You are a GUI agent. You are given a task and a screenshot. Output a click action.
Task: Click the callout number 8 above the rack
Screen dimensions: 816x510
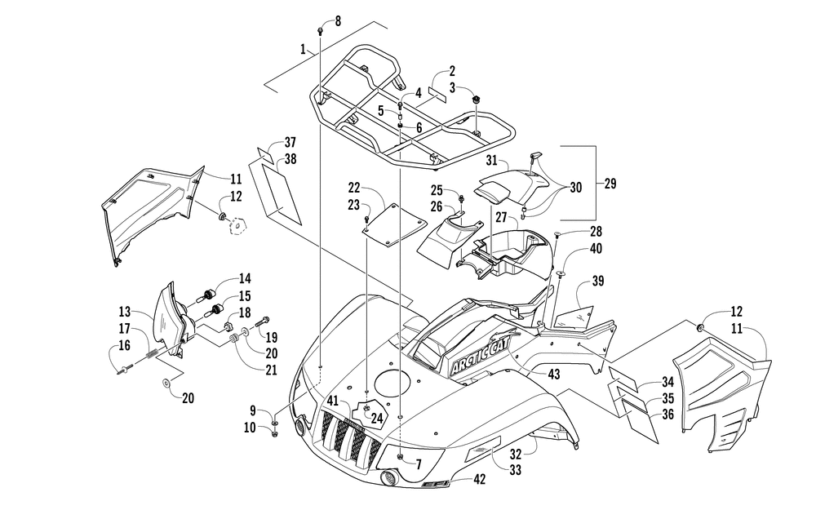point(338,21)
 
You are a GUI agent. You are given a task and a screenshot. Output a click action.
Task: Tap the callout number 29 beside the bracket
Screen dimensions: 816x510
point(610,183)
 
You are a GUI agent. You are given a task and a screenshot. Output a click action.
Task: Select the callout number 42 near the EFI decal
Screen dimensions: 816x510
point(479,478)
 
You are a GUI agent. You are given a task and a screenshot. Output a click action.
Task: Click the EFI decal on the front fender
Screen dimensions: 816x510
point(435,484)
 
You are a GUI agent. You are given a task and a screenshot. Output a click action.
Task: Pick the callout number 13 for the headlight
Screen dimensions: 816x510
point(124,312)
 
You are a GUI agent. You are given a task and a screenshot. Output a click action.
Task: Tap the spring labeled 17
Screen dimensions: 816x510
point(150,355)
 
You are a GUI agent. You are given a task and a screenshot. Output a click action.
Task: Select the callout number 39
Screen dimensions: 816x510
point(598,281)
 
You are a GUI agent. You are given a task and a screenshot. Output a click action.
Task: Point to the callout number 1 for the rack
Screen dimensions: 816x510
point(303,50)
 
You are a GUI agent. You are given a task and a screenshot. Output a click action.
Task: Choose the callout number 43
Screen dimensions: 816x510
point(554,375)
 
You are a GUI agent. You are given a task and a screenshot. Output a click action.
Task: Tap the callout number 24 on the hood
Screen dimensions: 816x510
point(377,418)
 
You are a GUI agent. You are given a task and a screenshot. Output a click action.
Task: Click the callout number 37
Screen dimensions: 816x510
point(290,143)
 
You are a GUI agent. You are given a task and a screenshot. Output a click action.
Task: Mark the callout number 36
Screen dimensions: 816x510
point(667,415)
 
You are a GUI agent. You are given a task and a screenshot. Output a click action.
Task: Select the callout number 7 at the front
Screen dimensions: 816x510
point(419,463)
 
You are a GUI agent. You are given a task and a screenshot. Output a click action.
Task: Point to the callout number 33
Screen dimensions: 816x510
point(515,470)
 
